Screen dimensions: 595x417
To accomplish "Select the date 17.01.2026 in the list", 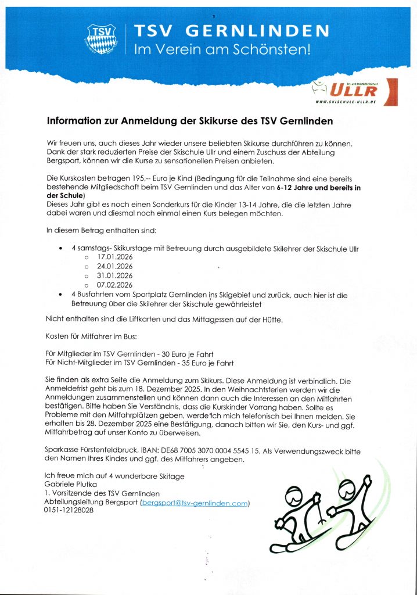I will click(x=114, y=257).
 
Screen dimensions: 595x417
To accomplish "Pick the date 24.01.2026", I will click(x=114, y=266).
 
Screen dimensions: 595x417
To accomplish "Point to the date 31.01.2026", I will click(x=114, y=275).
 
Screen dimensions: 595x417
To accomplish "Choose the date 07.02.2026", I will click(x=114, y=285).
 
